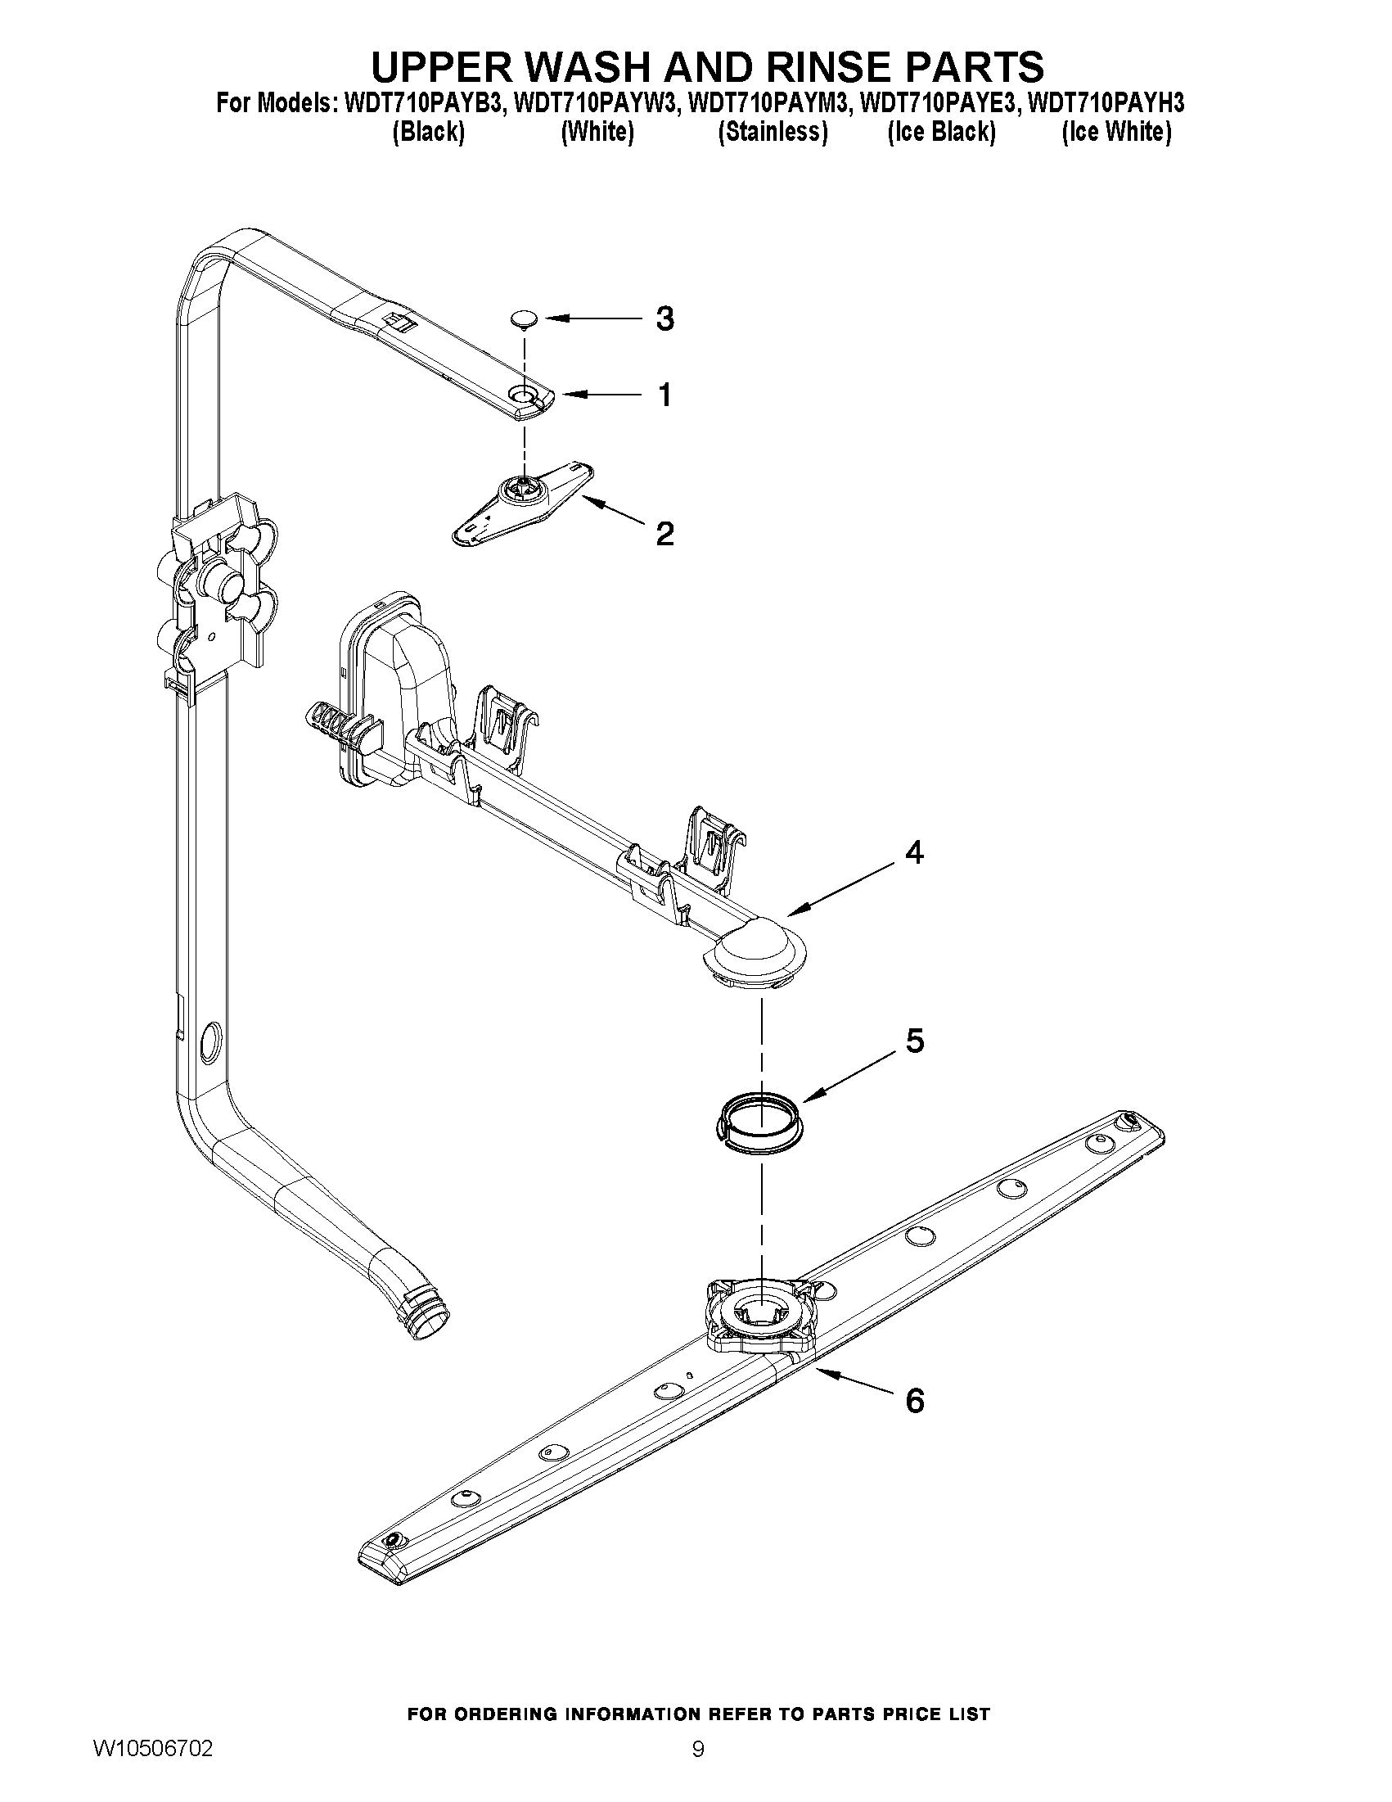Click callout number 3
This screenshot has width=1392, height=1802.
pos(664,318)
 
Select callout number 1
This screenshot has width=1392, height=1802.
pos(664,395)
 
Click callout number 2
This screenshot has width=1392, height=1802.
pos(664,534)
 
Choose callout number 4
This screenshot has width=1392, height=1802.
pos(914,852)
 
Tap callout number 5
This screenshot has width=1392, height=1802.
pos(915,1041)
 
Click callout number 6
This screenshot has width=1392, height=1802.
pos(915,1400)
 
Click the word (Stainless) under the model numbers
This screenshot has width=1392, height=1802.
pos(772,132)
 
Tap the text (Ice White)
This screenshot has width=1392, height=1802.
pos(1115,132)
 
